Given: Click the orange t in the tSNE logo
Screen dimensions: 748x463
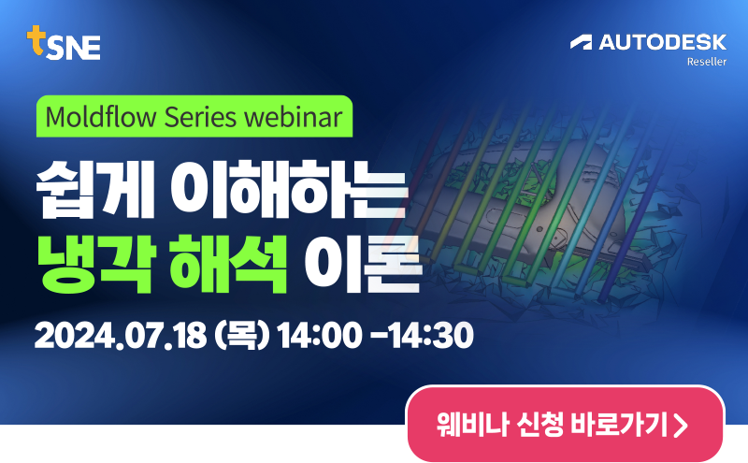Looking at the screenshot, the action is pyautogui.click(x=36, y=40).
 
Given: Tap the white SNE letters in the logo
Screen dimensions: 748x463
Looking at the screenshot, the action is pyautogui.click(x=74, y=48).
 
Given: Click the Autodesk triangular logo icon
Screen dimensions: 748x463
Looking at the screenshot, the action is pyautogui.click(x=581, y=42).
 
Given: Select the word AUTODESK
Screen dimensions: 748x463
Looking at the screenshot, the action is pyautogui.click(x=663, y=42).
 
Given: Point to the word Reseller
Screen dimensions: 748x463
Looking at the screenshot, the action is pyautogui.click(x=707, y=62).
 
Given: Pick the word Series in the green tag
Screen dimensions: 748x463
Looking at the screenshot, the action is pyautogui.click(x=200, y=117).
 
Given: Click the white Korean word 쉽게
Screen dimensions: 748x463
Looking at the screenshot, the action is pyautogui.click(x=95, y=189).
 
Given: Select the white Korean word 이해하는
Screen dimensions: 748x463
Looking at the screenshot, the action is pyautogui.click(x=290, y=189).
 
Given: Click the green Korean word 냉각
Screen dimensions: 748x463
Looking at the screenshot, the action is pyautogui.click(x=96, y=264).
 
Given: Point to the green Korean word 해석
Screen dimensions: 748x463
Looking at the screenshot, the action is pyautogui.click(x=229, y=264).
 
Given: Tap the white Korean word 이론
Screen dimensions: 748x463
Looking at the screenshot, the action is pyautogui.click(x=363, y=264).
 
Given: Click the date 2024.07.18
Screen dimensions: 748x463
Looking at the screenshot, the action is pyautogui.click(x=121, y=335).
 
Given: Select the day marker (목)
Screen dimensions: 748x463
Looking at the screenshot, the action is pyautogui.click(x=242, y=335).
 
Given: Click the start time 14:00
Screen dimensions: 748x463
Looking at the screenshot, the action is pyautogui.click(x=320, y=335).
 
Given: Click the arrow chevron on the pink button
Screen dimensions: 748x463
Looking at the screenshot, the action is pyautogui.click(x=681, y=425).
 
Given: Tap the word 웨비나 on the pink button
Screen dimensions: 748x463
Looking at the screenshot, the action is pyautogui.click(x=473, y=425).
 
